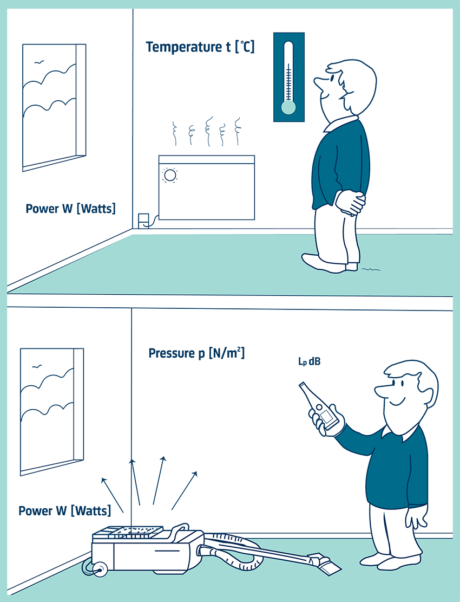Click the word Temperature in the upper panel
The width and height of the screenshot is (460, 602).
(183, 47)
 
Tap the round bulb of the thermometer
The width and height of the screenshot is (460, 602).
(288, 107)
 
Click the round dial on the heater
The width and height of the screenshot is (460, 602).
(170, 176)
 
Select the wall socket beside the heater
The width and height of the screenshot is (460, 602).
(143, 221)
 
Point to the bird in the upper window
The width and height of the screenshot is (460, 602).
(39, 61)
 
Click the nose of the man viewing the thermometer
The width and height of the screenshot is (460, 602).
(319, 82)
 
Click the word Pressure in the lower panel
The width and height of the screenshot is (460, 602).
(172, 353)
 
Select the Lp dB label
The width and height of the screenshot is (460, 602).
(309, 361)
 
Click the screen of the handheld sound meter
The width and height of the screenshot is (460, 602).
(328, 417)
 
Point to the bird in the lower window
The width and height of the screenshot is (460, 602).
(36, 367)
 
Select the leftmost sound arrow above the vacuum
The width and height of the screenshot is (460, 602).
(112, 495)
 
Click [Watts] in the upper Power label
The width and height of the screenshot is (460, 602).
(96, 209)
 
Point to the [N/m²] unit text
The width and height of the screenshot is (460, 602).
(227, 352)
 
